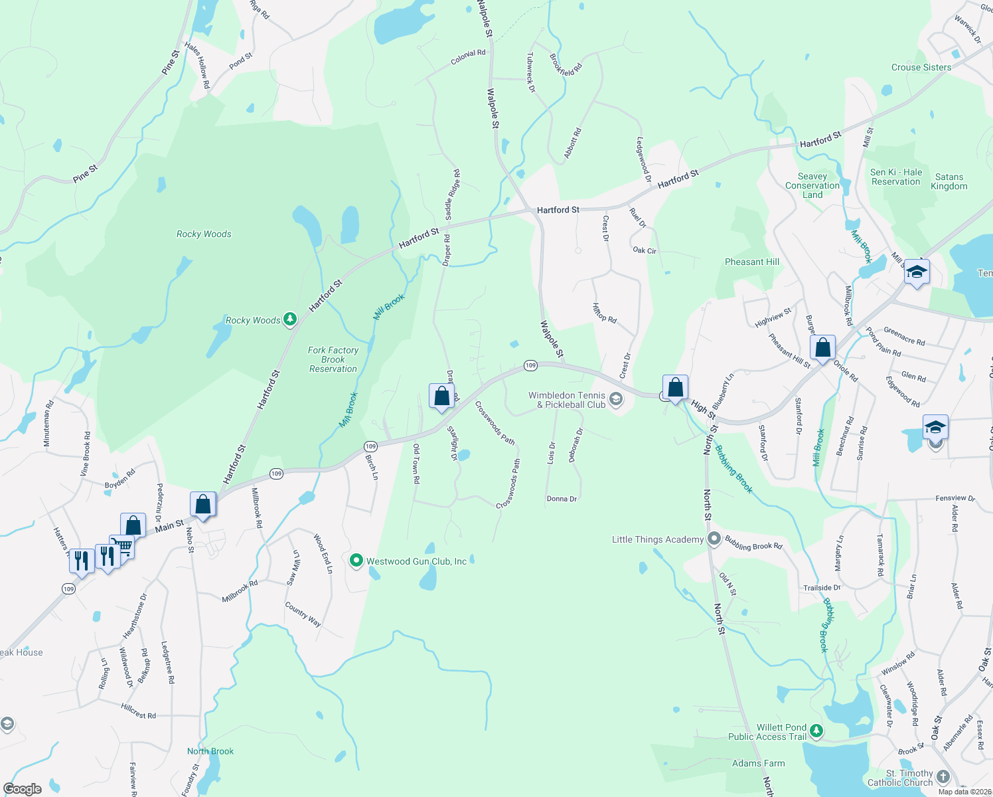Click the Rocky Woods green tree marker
[289, 319]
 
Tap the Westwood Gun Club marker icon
[356, 561]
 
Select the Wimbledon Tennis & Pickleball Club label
[567, 400]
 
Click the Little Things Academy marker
[714, 539]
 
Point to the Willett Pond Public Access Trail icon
[816, 732]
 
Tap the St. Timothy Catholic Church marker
[943, 776]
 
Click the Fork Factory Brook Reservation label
[333, 359]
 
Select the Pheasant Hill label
[752, 262]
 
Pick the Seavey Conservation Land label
[812, 186]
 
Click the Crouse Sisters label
[921, 67]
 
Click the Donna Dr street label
[562, 499]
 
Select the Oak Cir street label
[645, 250]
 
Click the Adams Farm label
[758, 764]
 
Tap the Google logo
[22, 789]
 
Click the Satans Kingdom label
[949, 181]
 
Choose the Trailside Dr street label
[822, 588]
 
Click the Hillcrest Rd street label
[139, 711]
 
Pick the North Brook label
[210, 751]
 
